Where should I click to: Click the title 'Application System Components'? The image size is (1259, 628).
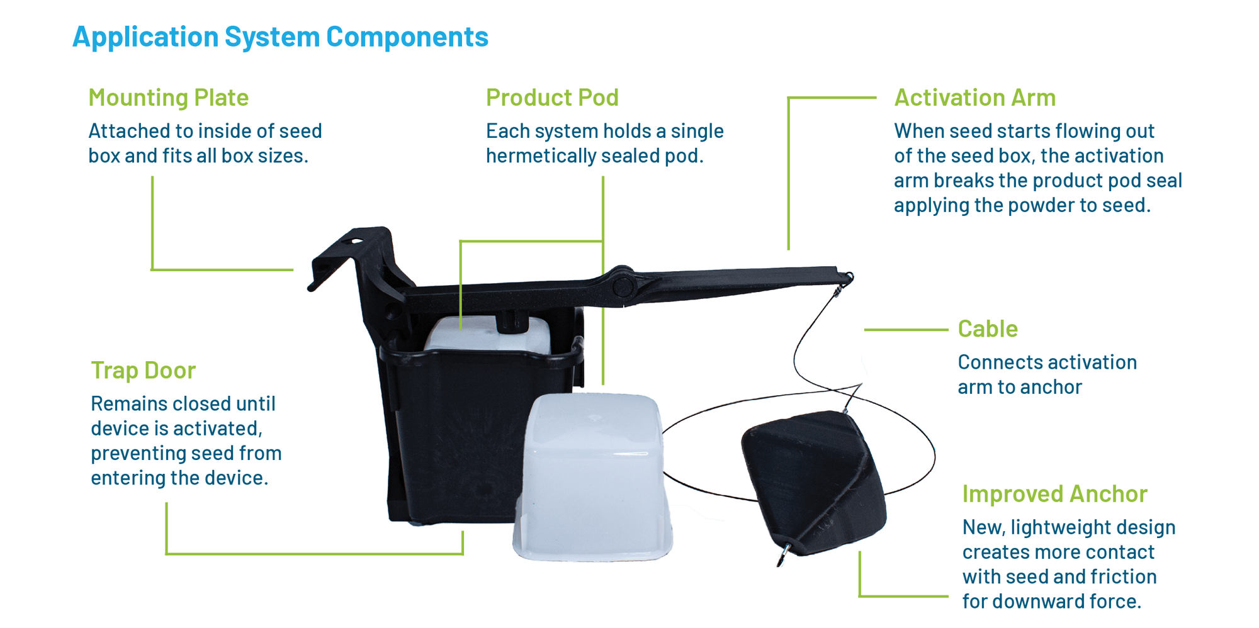pos(280,37)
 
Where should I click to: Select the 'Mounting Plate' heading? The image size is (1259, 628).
pos(168,98)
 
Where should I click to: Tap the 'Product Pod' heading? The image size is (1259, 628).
pos(552,98)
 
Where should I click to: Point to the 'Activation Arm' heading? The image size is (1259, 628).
pos(974,98)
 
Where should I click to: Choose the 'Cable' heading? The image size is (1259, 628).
pos(987,328)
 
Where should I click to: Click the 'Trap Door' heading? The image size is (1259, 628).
pos(143,370)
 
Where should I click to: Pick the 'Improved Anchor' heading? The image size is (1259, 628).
pos(1054,494)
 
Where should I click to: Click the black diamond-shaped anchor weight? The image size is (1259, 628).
pos(812,478)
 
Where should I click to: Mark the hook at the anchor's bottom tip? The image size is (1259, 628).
pos(784,554)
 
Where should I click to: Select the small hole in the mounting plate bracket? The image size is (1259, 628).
pos(356,241)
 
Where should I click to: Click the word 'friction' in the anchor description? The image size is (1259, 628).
pos(1116,576)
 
